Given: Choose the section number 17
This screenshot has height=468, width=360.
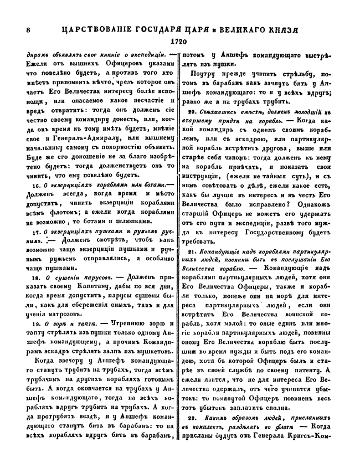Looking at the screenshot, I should [x=36, y=230].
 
